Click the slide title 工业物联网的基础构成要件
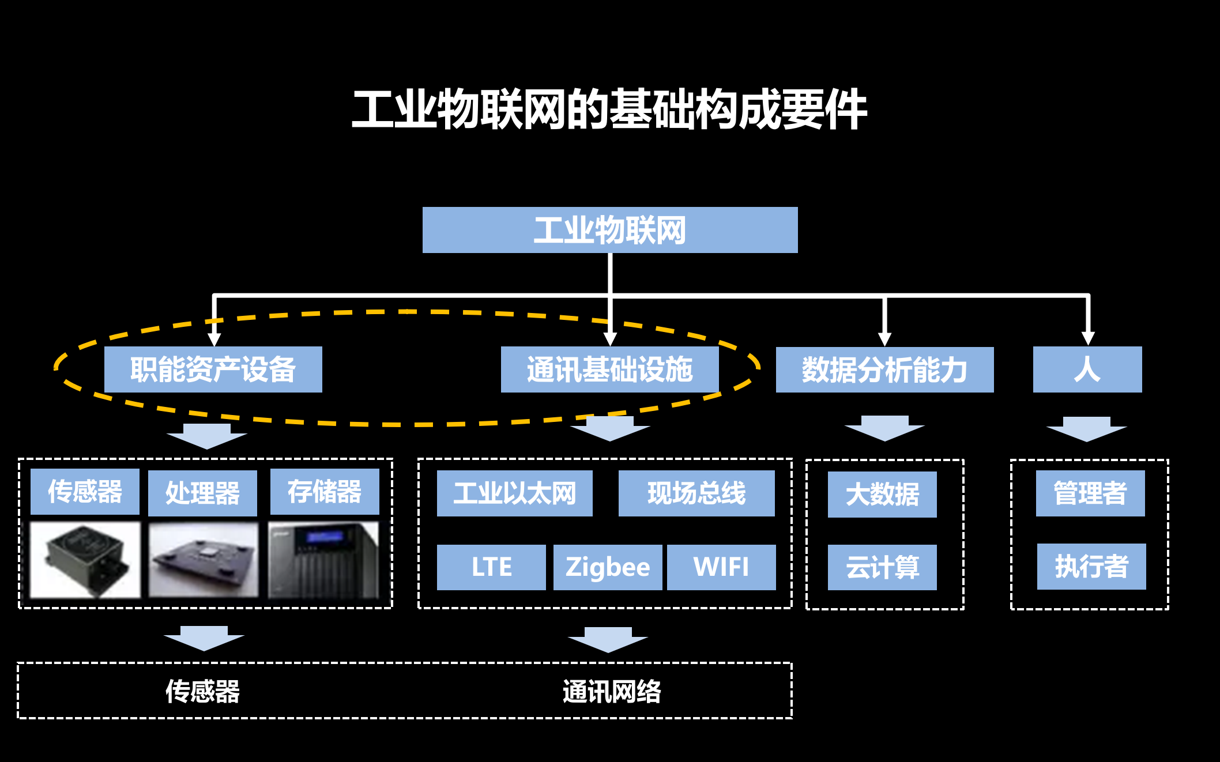pyautogui.click(x=609, y=110)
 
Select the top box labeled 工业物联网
pyautogui.click(x=610, y=230)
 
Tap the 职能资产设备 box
pyautogui.click(x=213, y=369)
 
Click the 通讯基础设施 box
pyautogui.click(x=609, y=369)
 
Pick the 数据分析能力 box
pyautogui.click(x=884, y=370)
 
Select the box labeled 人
pyautogui.click(x=1087, y=369)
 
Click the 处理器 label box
pyautogui.click(x=202, y=493)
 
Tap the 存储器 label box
pyautogui.click(x=325, y=492)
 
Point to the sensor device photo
pyautogui.click(x=85, y=560)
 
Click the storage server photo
pyautogui.click(x=324, y=560)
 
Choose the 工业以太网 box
pyautogui.click(x=514, y=493)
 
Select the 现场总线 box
pyautogui.click(x=696, y=493)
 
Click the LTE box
pyautogui.click(x=491, y=567)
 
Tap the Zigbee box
pyautogui.click(x=607, y=567)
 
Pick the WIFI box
pyautogui.click(x=721, y=567)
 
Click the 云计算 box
pyautogui.click(x=882, y=567)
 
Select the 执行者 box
pyautogui.click(x=1091, y=567)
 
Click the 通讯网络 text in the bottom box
pyautogui.click(x=611, y=691)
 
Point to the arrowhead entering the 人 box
pyautogui.click(x=1088, y=338)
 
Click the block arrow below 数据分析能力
pyautogui.click(x=884, y=428)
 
